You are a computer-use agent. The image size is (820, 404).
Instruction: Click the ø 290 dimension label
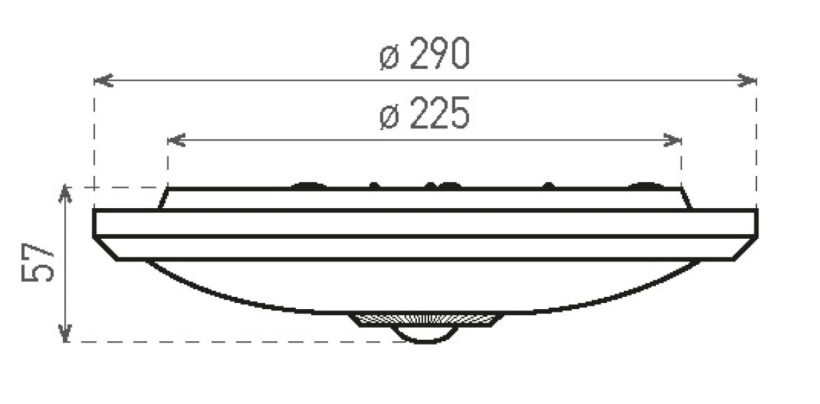click(424, 53)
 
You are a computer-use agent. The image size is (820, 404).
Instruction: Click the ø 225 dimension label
click(424, 113)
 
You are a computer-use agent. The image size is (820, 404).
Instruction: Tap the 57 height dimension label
click(38, 262)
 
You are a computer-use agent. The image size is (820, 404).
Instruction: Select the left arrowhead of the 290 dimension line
click(104, 80)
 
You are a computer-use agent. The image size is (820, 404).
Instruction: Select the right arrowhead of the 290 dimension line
click(747, 80)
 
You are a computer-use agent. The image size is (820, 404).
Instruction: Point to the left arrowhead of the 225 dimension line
click(176, 140)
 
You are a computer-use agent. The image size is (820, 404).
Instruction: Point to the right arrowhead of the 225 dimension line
click(672, 140)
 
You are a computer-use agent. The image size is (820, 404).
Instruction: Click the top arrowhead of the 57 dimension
click(65, 194)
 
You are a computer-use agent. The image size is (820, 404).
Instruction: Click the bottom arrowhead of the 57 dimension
click(65, 333)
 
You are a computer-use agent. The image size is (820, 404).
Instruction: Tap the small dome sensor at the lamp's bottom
click(424, 336)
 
